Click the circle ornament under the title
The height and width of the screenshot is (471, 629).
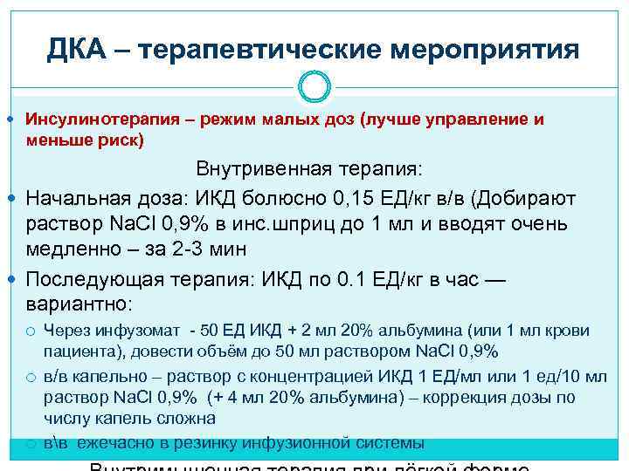[x=314, y=86]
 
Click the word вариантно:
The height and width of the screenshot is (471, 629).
[x=79, y=305]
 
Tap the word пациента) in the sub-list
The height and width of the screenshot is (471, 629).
[x=79, y=351]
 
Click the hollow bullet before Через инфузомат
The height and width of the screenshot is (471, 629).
[x=31, y=331]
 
